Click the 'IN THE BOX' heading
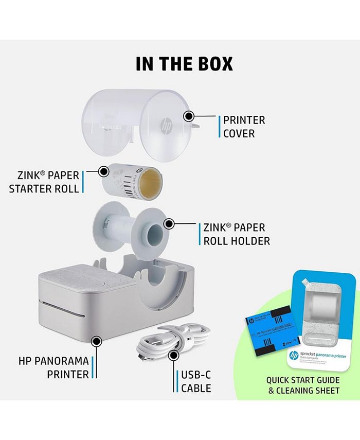(x=184, y=63)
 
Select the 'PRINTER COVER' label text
(x=244, y=127)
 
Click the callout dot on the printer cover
(x=189, y=117)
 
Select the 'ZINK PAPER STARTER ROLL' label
(x=45, y=182)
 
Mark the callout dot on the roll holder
(x=168, y=224)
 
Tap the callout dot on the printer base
(x=95, y=340)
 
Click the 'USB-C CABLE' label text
(x=196, y=381)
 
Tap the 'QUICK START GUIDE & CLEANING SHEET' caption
(x=302, y=385)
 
